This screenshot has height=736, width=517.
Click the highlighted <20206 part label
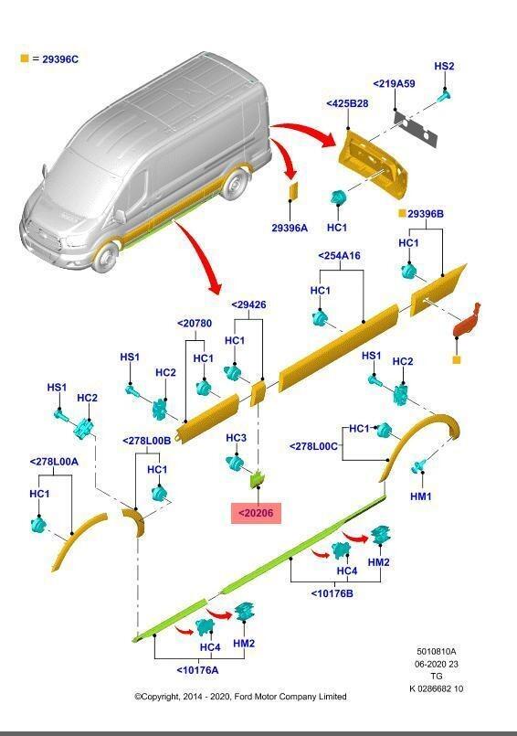(255, 514)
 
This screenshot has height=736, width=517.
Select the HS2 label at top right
(444, 66)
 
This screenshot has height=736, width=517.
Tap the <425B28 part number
(347, 103)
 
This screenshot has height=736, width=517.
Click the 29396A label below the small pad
(290, 229)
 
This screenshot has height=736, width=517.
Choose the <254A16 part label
(340, 256)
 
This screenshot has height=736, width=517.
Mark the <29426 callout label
(248, 304)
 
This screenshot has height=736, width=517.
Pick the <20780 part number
(194, 323)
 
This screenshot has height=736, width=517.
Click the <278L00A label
(54, 462)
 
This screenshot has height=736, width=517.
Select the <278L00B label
(147, 440)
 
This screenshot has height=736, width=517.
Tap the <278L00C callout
(314, 446)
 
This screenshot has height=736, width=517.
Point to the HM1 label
(421, 496)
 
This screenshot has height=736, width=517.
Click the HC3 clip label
(236, 438)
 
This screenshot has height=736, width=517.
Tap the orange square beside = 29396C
(25, 59)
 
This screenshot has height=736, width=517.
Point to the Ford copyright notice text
(240, 697)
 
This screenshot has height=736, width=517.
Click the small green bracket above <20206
(258, 477)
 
